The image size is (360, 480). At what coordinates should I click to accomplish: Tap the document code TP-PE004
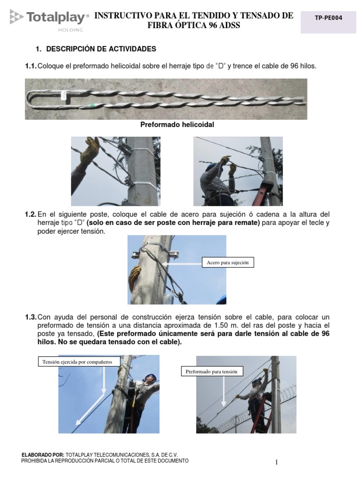click(x=328, y=18)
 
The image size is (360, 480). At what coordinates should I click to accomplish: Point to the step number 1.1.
click(x=30, y=66)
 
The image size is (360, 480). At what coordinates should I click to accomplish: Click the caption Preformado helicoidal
click(x=177, y=125)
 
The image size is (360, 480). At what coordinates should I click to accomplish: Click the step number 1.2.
click(x=30, y=214)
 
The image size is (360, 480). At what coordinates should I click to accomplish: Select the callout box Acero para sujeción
click(x=227, y=262)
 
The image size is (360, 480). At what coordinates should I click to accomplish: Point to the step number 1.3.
click(x=30, y=317)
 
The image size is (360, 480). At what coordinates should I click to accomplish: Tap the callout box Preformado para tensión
click(x=211, y=372)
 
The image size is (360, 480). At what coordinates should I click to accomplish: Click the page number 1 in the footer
click(x=277, y=463)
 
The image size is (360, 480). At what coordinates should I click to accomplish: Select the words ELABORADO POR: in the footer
click(x=43, y=455)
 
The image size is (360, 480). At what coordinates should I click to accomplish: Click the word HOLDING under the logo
click(x=70, y=30)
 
